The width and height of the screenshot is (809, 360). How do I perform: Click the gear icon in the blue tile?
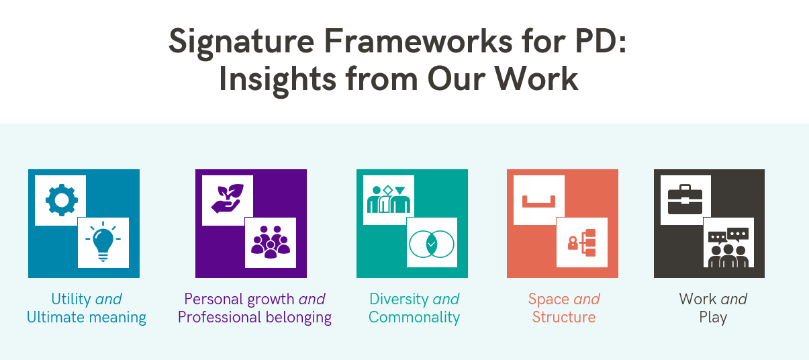tap(62, 200)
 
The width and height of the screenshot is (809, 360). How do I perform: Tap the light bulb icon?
tap(103, 241)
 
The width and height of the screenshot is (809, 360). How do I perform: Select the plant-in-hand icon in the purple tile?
tap(228, 198)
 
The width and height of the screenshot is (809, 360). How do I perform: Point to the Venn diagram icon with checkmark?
tap(432, 244)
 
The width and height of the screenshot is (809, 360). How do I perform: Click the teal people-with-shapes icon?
tap(389, 199)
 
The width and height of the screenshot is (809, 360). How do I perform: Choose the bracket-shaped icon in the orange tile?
tap(539, 201)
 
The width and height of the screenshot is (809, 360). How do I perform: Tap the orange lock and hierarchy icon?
tap(581, 243)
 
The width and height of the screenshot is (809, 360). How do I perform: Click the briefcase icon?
tap(685, 199)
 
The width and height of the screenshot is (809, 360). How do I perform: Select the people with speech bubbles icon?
tap(728, 248)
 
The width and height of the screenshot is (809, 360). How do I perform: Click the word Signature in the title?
tap(242, 43)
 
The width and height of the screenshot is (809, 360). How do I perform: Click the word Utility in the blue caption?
tap(71, 300)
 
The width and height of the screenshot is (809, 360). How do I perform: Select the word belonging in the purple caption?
tap(299, 318)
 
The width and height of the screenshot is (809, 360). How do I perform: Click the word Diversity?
tap(399, 300)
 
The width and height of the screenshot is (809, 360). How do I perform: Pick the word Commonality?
tap(414, 317)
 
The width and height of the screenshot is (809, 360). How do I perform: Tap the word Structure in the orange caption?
tap(564, 317)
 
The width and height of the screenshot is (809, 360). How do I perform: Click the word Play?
tap(713, 318)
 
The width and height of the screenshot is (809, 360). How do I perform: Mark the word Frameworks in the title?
tap(418, 41)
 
